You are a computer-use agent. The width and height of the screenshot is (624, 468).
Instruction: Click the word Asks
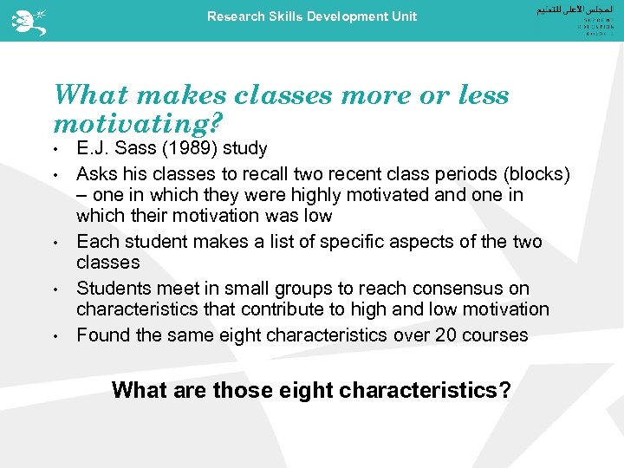point(96,174)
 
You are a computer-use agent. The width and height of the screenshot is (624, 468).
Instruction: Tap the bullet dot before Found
point(56,335)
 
